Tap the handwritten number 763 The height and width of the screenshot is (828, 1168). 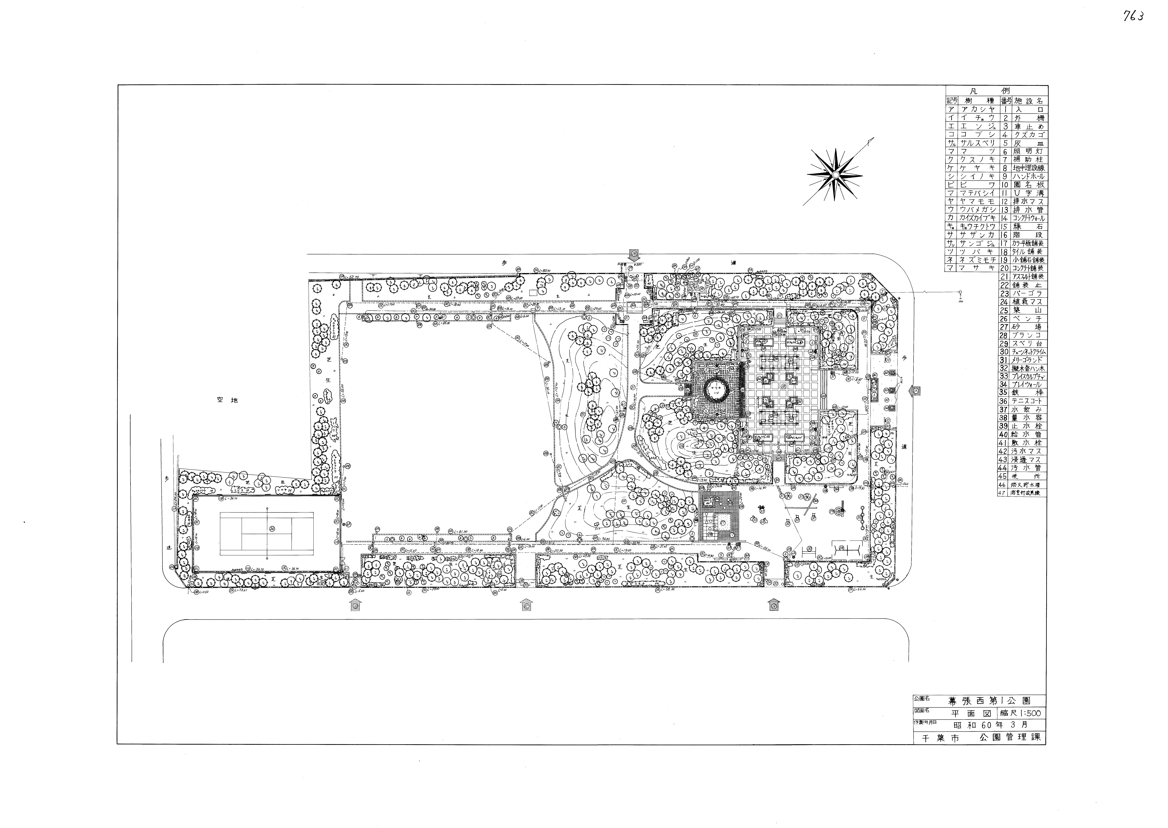tap(1133, 16)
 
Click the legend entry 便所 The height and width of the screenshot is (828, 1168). tap(1027, 476)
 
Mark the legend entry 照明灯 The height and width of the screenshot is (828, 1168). tap(1027, 151)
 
